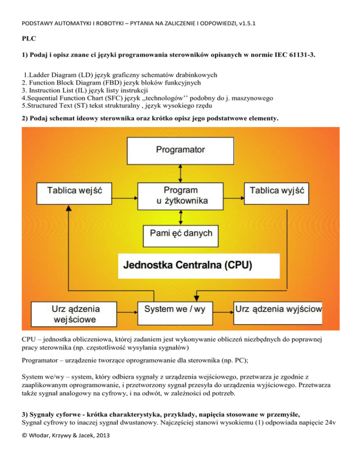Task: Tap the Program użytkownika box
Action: point(180,196)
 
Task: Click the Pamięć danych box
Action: point(180,233)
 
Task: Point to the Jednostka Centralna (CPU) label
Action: point(187,266)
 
